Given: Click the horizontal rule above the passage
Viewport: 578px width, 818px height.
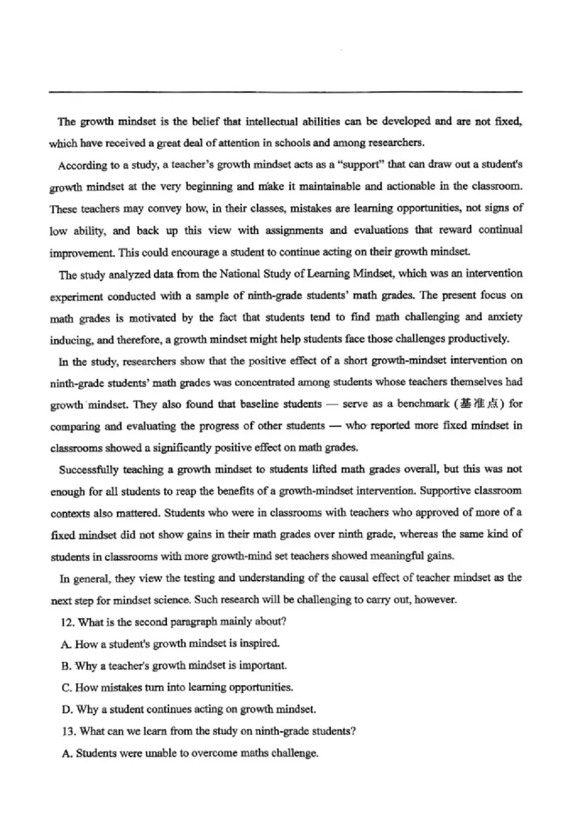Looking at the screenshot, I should (x=285, y=92).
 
